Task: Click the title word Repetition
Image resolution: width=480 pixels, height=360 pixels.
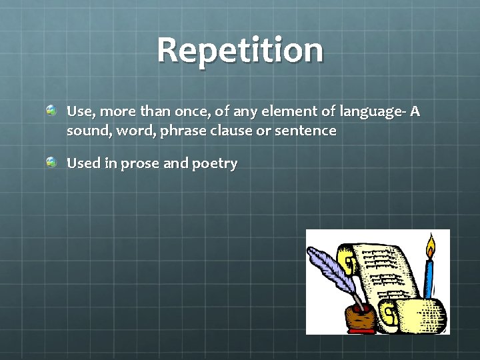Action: coord(240,50)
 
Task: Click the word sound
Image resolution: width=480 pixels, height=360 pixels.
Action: coord(88,131)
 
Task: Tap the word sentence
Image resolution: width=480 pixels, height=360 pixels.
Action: coord(307,131)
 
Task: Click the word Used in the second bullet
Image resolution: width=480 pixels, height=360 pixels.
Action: coord(83,163)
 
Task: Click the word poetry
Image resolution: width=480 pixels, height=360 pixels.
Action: coord(214,164)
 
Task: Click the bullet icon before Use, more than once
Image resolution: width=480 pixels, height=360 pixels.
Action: coord(51,109)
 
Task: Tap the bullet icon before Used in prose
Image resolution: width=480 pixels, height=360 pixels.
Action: coord(51,161)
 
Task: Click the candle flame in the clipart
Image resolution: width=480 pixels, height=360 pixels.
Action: coord(430,247)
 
